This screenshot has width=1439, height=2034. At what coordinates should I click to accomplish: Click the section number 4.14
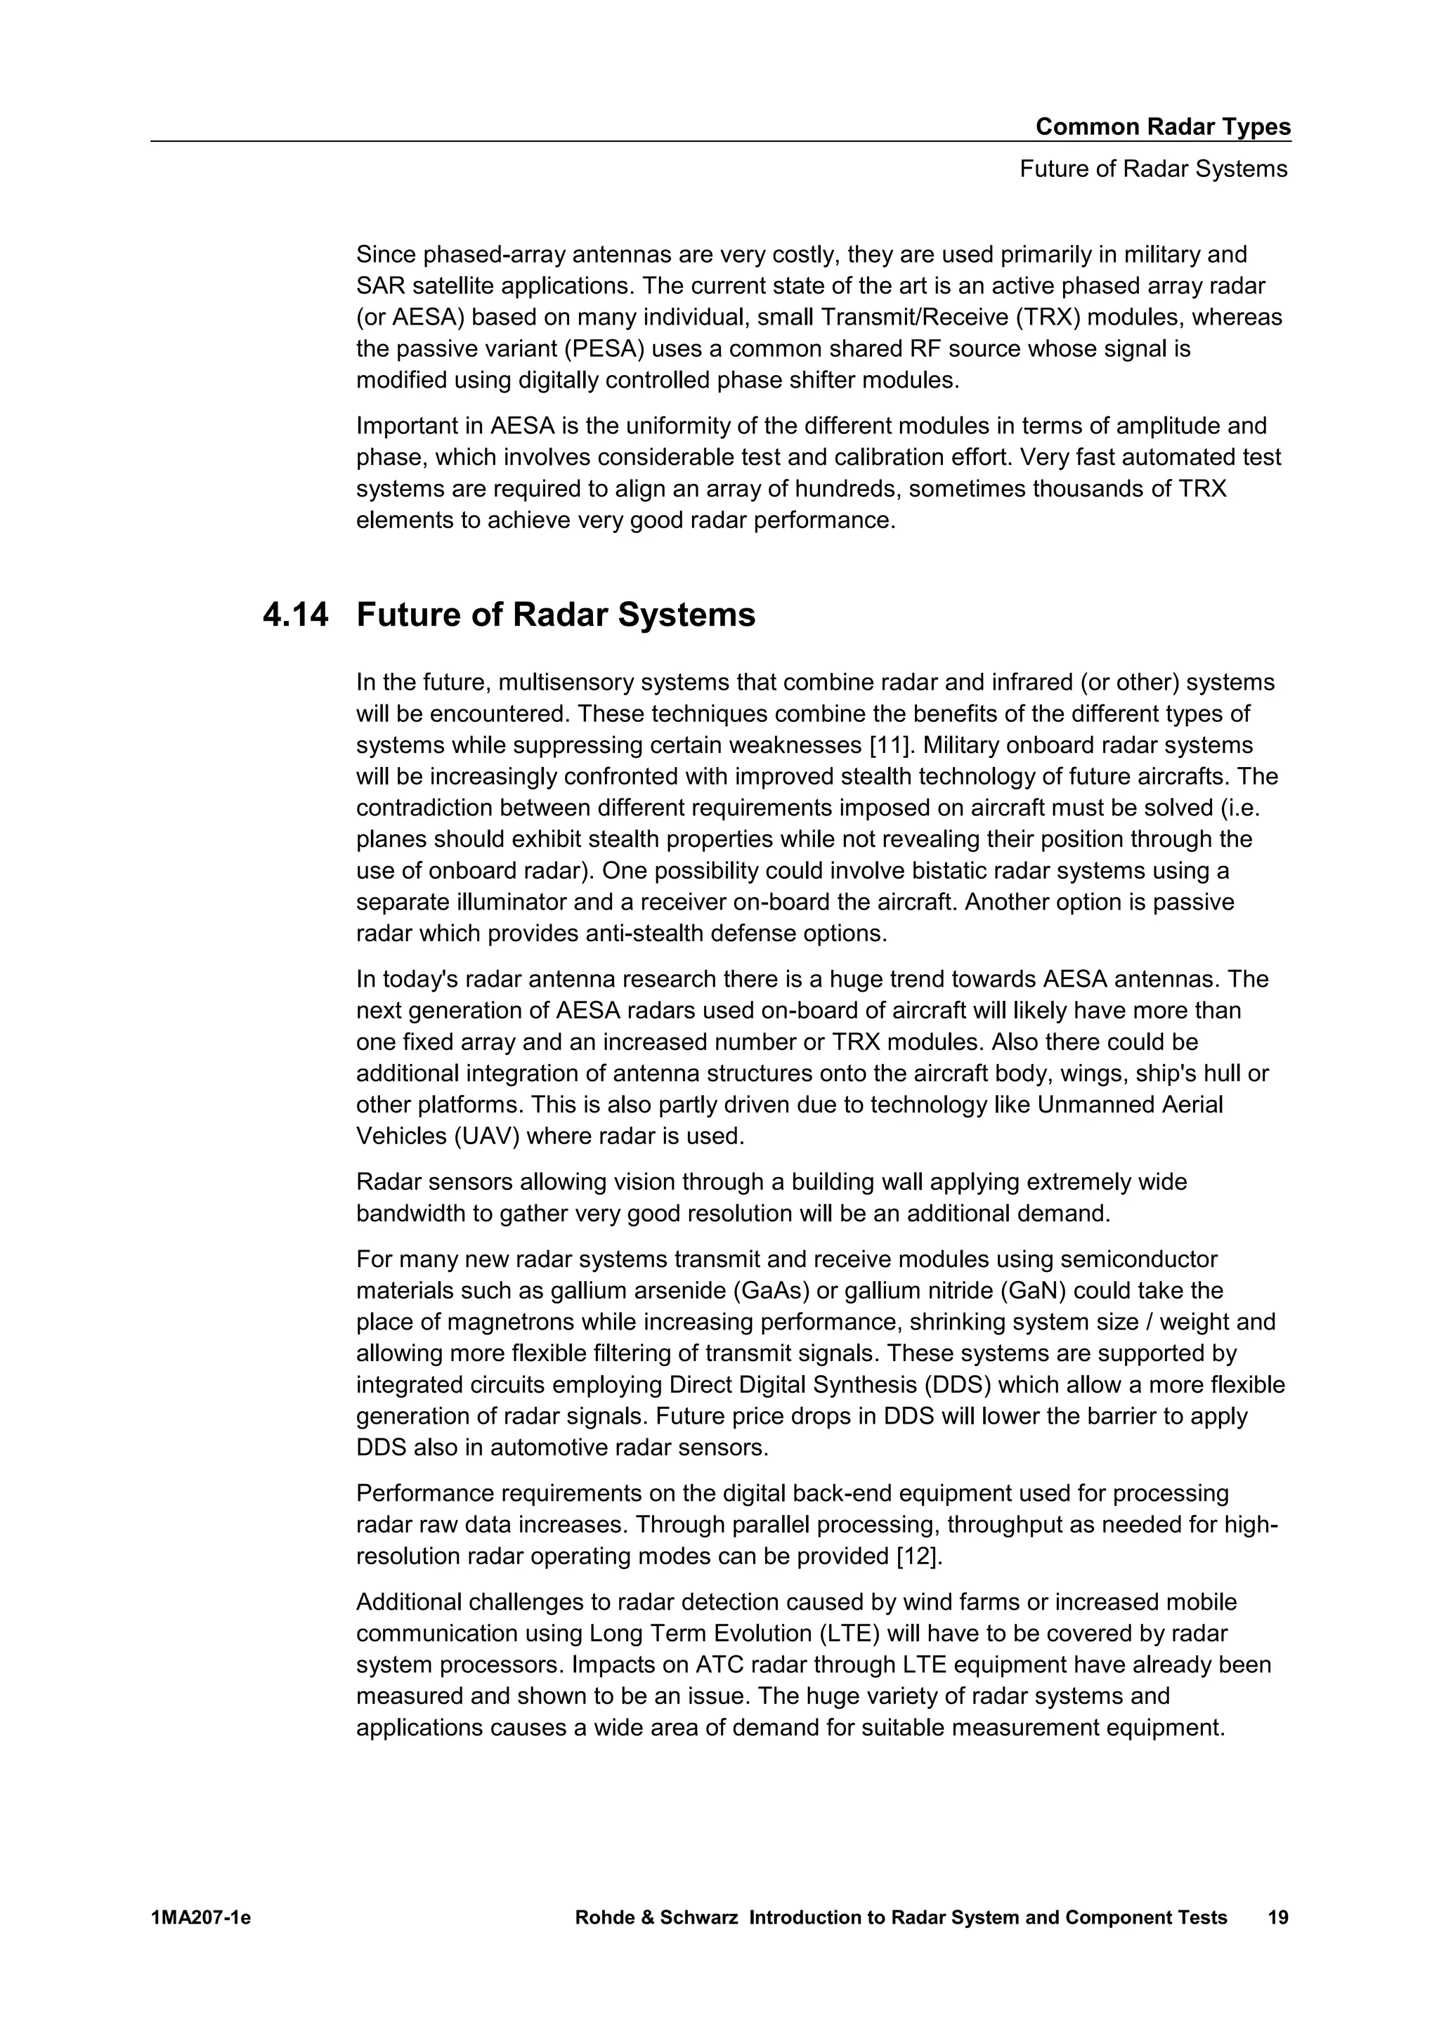pos(295,615)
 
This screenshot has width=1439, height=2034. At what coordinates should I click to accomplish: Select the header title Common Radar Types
pos(1163,126)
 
